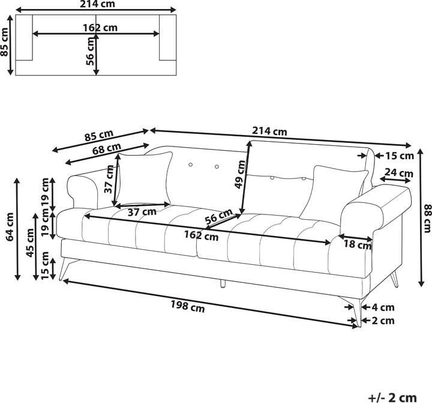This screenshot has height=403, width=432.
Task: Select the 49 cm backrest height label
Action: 241,175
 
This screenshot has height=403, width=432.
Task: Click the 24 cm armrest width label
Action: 399,174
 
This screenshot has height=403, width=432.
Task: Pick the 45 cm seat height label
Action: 31,243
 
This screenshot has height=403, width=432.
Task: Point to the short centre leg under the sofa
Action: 223,283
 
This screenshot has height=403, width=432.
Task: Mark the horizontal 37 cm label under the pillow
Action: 142,211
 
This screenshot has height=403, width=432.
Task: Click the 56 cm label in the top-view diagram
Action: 91,51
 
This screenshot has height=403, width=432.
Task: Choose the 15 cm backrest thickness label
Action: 399,156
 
